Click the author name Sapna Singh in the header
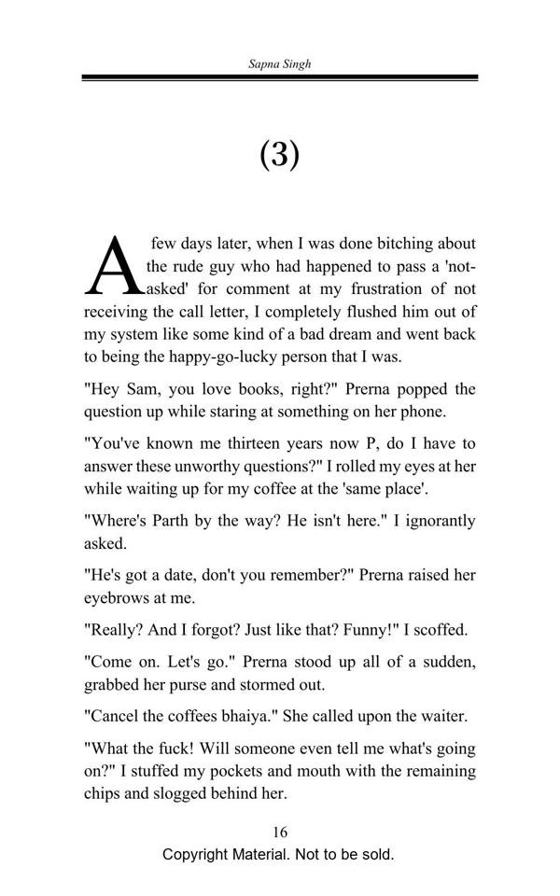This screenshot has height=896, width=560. (x=279, y=64)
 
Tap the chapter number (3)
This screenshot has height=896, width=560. (x=279, y=153)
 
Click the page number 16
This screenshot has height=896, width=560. (x=279, y=833)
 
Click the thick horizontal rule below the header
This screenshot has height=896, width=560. (x=279, y=77)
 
